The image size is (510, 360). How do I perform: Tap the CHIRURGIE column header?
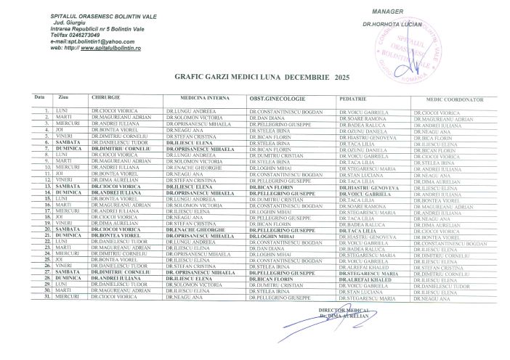point(101,97)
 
